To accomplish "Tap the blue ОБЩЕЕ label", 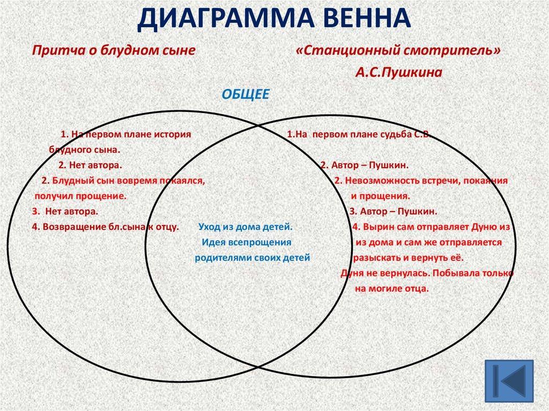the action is pyautogui.click(x=246, y=94).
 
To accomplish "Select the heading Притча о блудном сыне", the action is pyautogui.click(x=114, y=50).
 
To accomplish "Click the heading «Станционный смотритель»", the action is pyautogui.click(x=398, y=50).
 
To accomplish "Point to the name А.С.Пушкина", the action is pyautogui.click(x=399, y=72).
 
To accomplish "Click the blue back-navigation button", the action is pyautogui.click(x=509, y=381).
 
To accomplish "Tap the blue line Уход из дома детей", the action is pyautogui.click(x=246, y=227).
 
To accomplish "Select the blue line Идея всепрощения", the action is pyautogui.click(x=247, y=242).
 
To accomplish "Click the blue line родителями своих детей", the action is pyautogui.click(x=252, y=258).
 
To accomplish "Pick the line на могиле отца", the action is pyautogui.click(x=392, y=289).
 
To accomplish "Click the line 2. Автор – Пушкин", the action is pyautogui.click(x=365, y=165).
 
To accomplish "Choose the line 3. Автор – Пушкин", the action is pyautogui.click(x=394, y=212).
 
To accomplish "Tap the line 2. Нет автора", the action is pyautogui.click(x=90, y=165).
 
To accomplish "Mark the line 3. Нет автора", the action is pyautogui.click(x=65, y=212).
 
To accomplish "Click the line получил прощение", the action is pyautogui.click(x=80, y=196).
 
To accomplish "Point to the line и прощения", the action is pyautogui.click(x=380, y=196).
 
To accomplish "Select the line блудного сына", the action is pyautogui.click(x=84, y=150).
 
